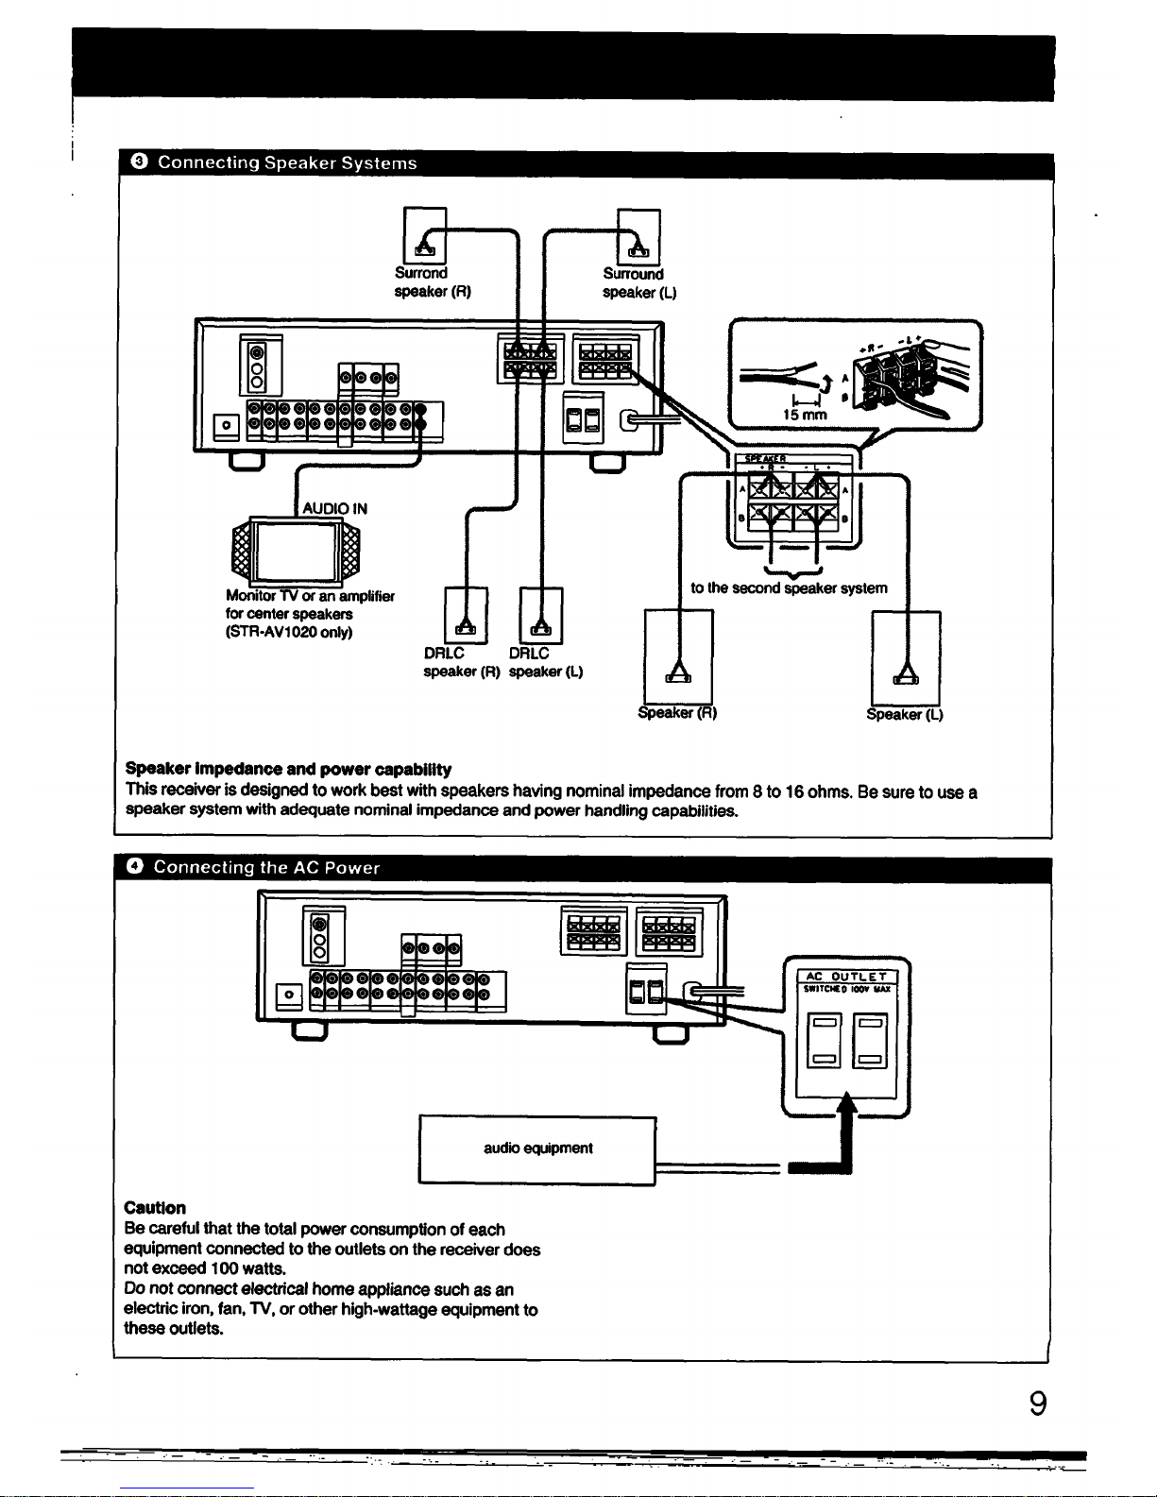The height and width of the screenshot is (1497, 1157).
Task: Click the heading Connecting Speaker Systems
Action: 286,163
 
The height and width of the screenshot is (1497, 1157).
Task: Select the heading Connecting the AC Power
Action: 266,867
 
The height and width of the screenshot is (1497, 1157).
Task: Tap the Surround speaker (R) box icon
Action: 424,235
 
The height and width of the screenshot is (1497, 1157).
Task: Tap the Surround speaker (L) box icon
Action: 638,236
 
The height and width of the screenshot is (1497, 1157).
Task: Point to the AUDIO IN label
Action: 334,508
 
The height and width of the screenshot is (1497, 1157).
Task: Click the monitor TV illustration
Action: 294,550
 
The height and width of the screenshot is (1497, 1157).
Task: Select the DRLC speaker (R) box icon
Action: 466,616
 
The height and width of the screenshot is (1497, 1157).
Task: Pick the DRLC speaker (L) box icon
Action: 540,616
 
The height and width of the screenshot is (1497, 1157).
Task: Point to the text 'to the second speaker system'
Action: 789,588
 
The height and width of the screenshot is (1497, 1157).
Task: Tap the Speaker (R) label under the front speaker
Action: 677,713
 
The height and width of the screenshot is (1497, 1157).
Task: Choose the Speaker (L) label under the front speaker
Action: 905,714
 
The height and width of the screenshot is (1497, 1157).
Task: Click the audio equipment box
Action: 536,1148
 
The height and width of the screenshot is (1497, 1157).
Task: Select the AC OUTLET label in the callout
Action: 846,976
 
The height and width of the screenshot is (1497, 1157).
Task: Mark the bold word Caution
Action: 155,1208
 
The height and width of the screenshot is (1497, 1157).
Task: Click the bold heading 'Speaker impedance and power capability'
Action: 288,770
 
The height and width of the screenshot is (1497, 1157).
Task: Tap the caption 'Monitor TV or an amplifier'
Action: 310,596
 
